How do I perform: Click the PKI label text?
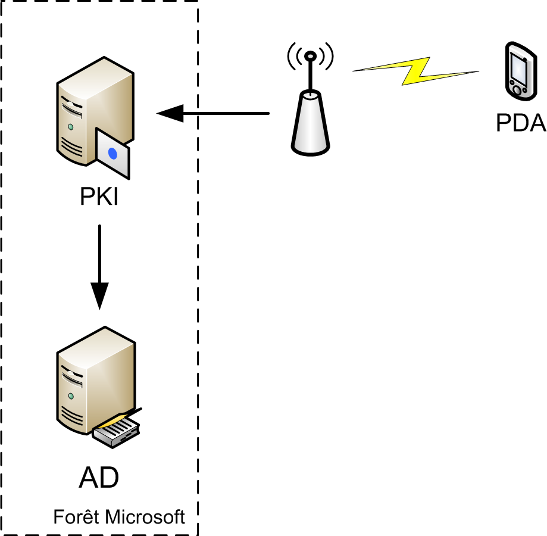99,197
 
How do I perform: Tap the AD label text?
99,478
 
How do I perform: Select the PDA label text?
521,123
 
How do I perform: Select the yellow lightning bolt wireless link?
417,71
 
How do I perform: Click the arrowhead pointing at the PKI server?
169,113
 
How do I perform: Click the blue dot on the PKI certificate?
112,154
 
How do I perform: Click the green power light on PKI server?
71,127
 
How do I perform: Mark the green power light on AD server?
71,395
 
